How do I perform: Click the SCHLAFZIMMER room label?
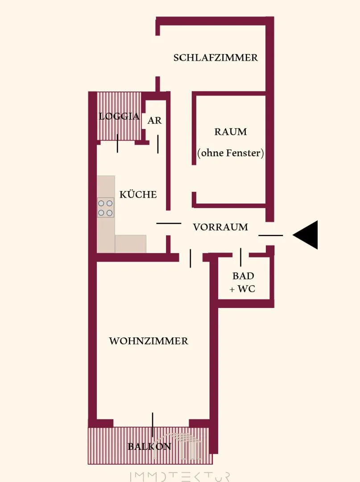pos(215,58)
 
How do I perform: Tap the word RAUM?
pos(231,132)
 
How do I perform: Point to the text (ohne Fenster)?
pos(231,153)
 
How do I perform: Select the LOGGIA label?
pos(119,116)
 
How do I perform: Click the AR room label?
pos(154,120)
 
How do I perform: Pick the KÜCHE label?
pos(138,194)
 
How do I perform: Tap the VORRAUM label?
pos(220,227)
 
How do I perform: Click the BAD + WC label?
pos(243,282)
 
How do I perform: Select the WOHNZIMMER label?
pos(149,341)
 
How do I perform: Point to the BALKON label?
pos(149,446)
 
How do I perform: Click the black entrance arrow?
pos(305,235)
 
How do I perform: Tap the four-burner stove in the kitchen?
pos(106,208)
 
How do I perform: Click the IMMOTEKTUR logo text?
pos(180,476)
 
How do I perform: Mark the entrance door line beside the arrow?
pos(271,236)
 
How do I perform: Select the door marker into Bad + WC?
pos(241,257)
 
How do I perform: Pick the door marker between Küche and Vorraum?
pos(169,223)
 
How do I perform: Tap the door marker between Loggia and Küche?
pos(117,143)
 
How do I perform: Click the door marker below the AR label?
pos(158,144)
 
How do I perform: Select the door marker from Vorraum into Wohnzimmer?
pos(190,258)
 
